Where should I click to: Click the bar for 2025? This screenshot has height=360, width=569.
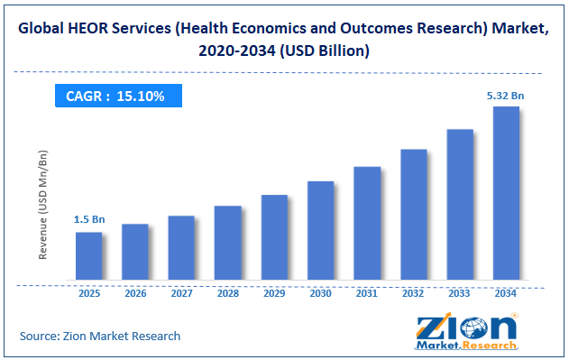pos(89,255)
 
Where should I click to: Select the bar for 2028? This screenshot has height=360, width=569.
pos(228,243)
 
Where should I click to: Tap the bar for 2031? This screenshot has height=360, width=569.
pos(367,223)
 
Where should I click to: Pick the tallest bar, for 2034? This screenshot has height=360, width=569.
pos(506,193)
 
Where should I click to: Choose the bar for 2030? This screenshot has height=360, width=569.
pos(321,230)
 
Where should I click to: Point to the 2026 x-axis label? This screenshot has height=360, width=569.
pos(135,293)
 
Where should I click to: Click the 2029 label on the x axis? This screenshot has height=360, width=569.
pos(274,293)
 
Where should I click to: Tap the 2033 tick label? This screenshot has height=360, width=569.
pos(459,293)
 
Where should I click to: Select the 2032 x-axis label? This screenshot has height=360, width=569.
pos(413,293)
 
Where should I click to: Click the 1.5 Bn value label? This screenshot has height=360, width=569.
pos(89,219)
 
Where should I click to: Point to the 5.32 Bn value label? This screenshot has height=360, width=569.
pos(505,96)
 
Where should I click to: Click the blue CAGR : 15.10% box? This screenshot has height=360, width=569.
pos(118,96)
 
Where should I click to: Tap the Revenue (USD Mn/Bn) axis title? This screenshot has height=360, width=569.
pos(42,205)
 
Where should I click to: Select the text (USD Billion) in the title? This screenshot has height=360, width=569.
pos(325,51)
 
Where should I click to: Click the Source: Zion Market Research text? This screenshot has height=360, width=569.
pos(100,336)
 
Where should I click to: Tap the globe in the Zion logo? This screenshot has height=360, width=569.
pos(474,328)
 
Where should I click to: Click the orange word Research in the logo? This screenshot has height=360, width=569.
pos(490,345)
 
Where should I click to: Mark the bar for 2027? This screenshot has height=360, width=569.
pos(181,248)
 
